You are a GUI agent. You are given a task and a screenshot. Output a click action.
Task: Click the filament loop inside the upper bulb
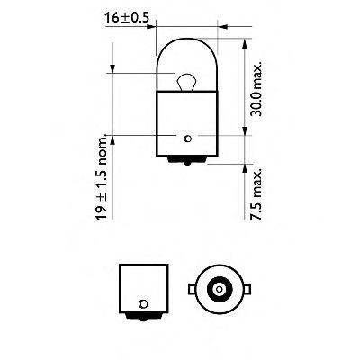(x=185, y=83)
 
